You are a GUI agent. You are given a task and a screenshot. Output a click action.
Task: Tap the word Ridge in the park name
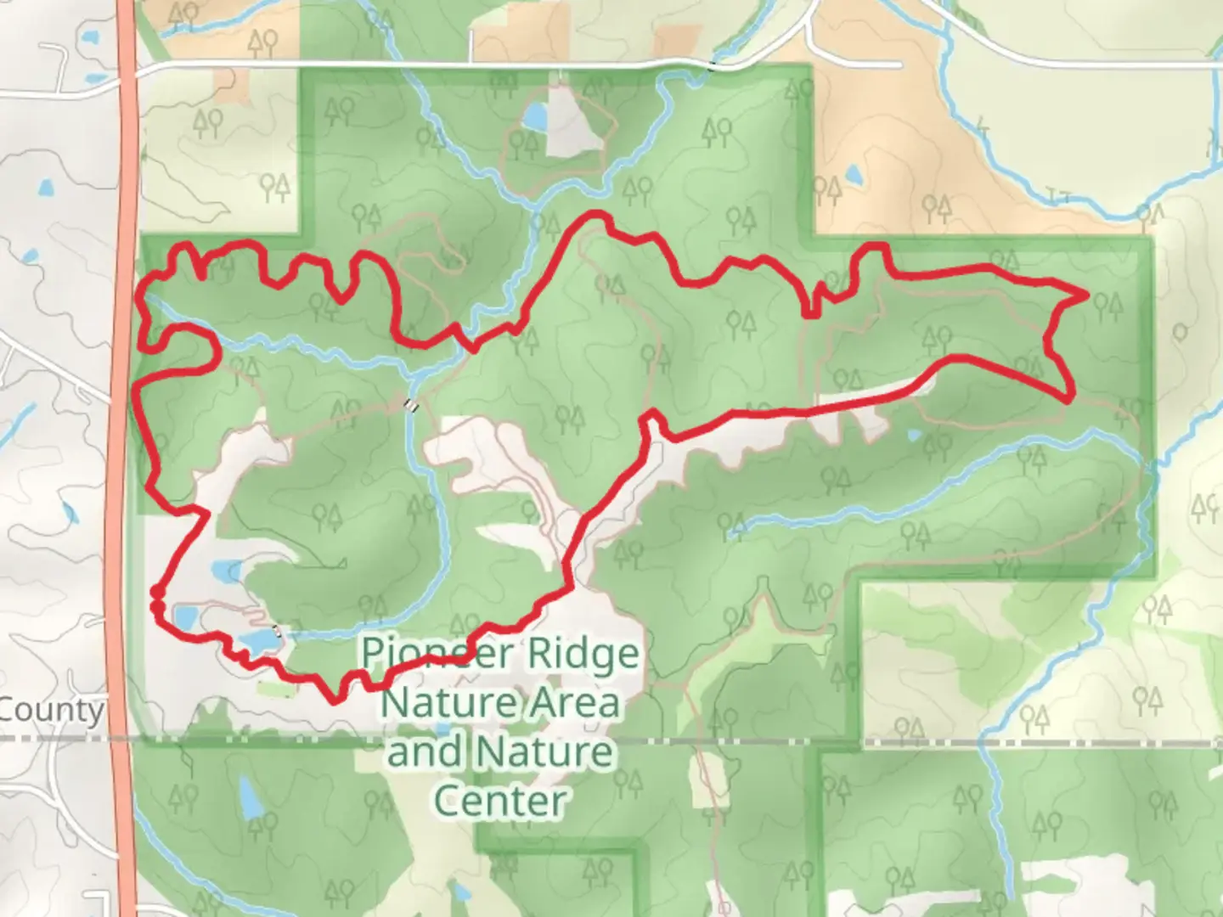click(x=583, y=653)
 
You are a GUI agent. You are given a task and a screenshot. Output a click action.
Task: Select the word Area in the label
click(x=578, y=703)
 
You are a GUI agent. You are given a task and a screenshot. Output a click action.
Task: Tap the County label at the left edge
click(x=51, y=710)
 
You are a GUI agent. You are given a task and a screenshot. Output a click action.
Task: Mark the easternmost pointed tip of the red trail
click(x=1085, y=295)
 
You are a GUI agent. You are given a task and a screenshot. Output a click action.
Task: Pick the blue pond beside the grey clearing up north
click(x=535, y=117)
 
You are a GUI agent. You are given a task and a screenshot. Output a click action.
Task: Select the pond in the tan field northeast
click(x=853, y=176)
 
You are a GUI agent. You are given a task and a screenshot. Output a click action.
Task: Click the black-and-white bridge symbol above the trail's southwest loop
click(x=411, y=405)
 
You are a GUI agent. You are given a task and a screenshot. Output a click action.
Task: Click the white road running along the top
click(x=510, y=64)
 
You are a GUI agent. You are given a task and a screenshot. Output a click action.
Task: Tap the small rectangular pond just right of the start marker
click(x=184, y=616)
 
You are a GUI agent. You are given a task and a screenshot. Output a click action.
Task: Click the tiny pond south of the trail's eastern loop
click(x=914, y=436)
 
